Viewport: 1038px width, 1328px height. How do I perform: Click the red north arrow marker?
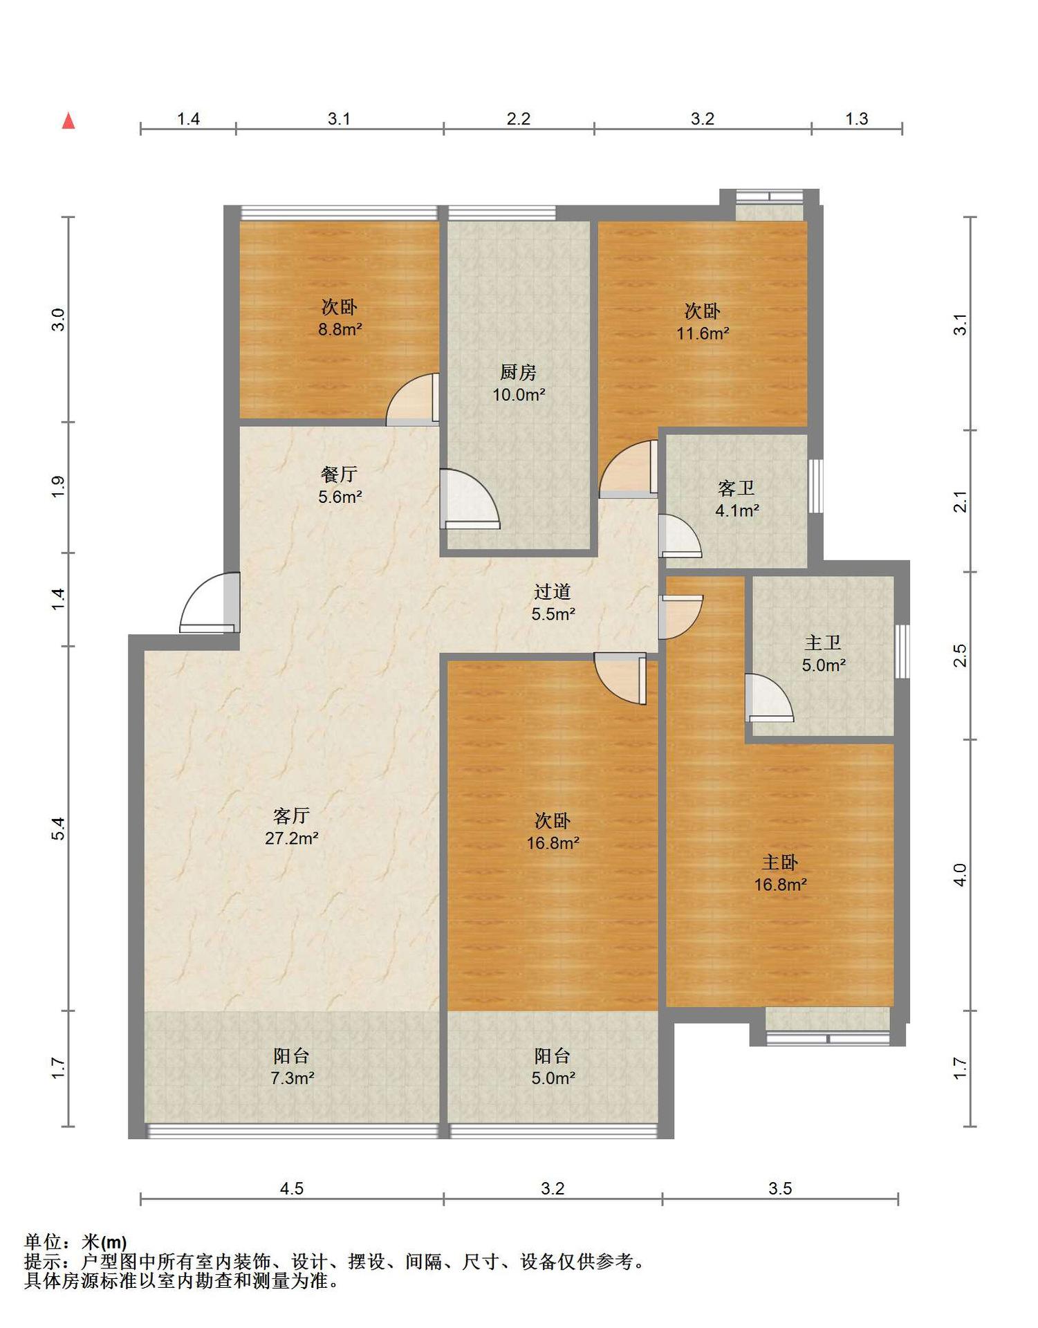(68, 121)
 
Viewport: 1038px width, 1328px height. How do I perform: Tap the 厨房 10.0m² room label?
(519, 383)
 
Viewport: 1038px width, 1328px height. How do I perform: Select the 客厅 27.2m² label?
(291, 827)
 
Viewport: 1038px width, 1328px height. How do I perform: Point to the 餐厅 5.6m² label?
(340, 485)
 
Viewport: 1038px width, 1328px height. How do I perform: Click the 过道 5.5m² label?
(553, 602)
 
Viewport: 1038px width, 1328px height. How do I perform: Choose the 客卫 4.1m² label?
(736, 499)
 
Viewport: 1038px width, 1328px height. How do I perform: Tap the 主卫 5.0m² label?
(823, 654)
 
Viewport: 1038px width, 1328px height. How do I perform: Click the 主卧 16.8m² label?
(780, 873)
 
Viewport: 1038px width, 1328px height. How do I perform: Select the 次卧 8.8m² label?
(340, 318)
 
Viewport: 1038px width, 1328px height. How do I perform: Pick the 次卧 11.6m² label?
(703, 322)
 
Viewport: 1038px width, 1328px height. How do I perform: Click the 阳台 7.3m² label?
(291, 1067)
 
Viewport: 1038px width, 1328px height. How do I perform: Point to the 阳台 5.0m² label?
(553, 1067)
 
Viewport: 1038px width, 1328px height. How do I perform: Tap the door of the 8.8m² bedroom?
(412, 400)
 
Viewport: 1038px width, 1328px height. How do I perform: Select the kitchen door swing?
(470, 499)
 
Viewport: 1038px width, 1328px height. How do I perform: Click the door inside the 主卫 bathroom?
(769, 698)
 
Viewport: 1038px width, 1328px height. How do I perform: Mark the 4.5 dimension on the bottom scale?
(291, 1188)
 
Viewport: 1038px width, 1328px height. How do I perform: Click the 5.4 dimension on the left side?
(58, 828)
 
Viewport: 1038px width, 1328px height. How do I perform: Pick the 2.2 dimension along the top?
(518, 119)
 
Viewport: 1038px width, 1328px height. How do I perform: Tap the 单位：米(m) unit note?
(75, 1242)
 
